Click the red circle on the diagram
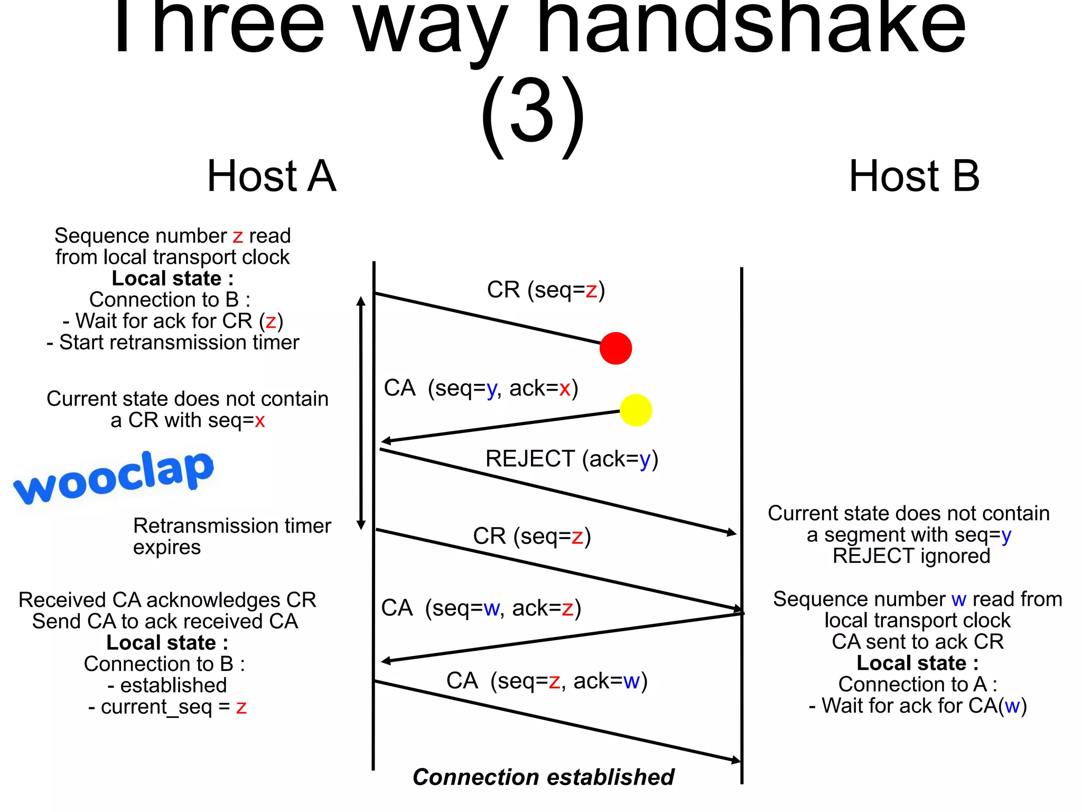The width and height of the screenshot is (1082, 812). coord(615,348)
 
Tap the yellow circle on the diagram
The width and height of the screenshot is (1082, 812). coord(636,410)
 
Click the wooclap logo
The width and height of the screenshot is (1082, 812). coord(114,478)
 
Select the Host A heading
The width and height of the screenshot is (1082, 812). coord(272,176)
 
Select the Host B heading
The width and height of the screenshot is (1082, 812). coord(914,176)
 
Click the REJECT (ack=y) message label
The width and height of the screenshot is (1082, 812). coord(572,459)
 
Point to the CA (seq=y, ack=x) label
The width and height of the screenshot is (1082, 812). coord(481,389)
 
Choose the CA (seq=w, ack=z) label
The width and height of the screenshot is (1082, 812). coord(481,608)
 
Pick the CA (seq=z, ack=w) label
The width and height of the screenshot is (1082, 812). coord(547,681)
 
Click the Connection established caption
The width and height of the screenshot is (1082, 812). coord(543,777)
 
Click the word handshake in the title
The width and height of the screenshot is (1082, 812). coord(750,26)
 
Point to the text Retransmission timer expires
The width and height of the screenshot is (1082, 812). coord(232,536)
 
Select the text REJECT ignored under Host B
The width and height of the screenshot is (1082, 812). coord(911,556)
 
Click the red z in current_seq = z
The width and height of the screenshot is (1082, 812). coord(241,707)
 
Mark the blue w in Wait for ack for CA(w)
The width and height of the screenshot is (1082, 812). coord(1012,706)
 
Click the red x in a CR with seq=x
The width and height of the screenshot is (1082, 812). coord(260,421)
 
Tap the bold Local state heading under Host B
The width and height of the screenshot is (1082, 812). coord(917,663)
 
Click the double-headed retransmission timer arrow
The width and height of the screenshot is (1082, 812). coord(361,412)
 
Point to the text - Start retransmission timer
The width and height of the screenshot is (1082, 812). coord(173,343)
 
